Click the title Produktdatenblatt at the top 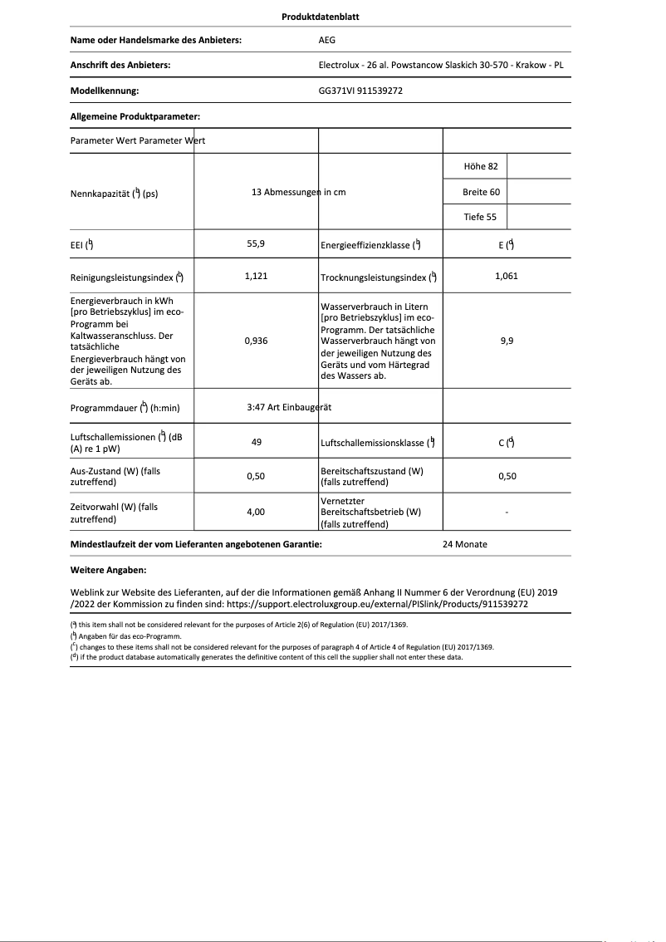pos(321,17)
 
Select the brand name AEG pos(327,39)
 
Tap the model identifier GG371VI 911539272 pos(360,91)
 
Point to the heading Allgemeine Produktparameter pos(135,117)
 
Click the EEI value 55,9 pos(257,244)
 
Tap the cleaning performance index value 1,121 pos(257,276)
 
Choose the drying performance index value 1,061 pos(506,276)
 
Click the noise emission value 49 pos(257,442)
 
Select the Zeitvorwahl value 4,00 pos(257,513)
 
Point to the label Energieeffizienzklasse pos(370,245)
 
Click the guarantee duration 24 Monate pos(465,544)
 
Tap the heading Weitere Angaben pos(109,571)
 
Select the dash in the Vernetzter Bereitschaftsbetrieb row pos(507,513)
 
